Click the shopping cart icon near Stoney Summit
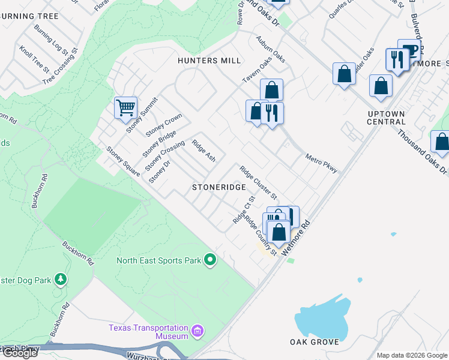coord(125,108)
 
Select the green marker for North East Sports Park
coord(210,260)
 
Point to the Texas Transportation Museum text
coord(148,332)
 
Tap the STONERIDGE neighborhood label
coord(219,187)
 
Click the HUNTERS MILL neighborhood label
coord(209,61)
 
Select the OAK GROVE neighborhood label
coord(314,342)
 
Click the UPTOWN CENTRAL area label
coord(388,118)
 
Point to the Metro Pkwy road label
coord(322,162)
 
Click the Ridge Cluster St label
coord(258,183)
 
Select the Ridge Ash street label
coord(203,151)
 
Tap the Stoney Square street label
coord(122,162)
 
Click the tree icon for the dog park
coord(60,279)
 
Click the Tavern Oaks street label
coord(257,71)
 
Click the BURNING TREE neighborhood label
coord(29,16)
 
